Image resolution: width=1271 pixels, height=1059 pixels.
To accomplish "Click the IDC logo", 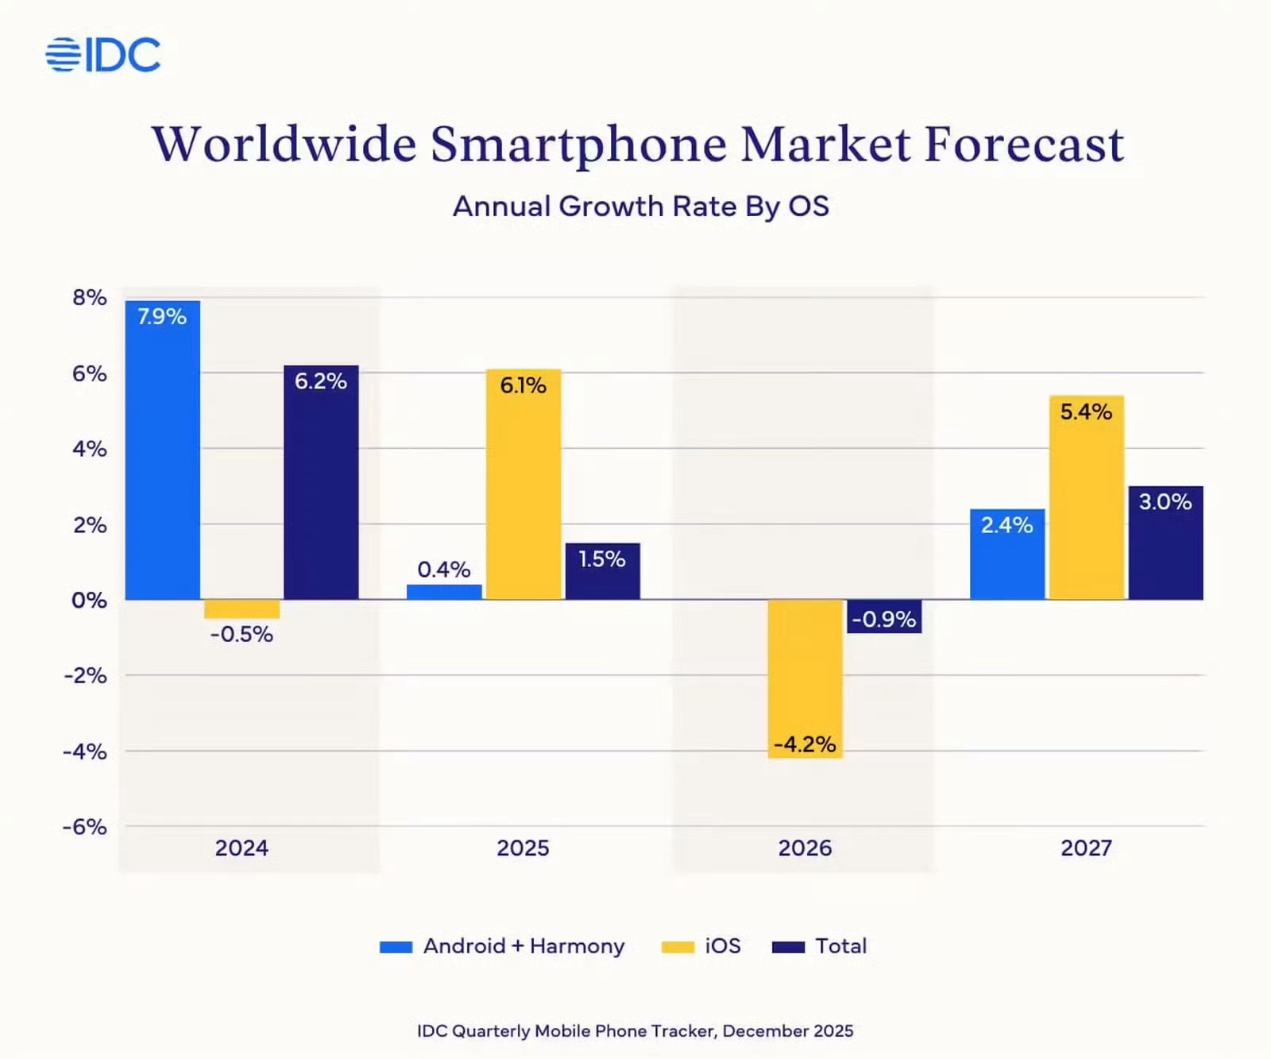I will point(103,55).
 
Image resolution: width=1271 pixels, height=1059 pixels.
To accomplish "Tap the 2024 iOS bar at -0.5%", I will point(241,609).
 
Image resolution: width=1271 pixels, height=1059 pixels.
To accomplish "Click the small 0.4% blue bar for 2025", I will point(444,592).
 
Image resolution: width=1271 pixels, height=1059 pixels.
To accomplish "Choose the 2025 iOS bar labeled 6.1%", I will point(523,484).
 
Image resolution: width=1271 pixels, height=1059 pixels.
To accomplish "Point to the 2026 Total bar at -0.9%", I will point(884,616).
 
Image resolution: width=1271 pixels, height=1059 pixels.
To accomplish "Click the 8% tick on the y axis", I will point(89,298).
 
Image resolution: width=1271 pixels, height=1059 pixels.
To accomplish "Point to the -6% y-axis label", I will point(85,827).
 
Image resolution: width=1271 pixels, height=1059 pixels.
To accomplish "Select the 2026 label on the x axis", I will point(805,848).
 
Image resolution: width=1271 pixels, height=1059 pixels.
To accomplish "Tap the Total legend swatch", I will point(788,947).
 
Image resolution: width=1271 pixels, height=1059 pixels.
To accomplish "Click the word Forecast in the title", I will point(1024,145).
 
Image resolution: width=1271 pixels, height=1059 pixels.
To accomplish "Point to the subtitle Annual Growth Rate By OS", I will point(640,207).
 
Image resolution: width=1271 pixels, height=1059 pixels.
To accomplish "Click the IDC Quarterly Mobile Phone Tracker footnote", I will point(635,1030).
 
